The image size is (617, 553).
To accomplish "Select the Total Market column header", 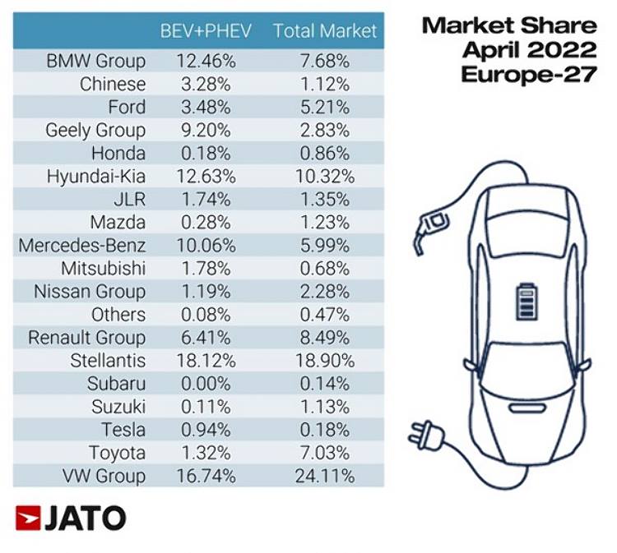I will pos(324,32).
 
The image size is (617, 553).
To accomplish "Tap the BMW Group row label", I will pos(96,61).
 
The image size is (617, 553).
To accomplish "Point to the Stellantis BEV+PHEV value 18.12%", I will pos(206,361).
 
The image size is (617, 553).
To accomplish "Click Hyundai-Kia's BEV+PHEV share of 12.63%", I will pos(206,176).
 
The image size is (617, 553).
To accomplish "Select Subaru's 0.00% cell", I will pos(206,384).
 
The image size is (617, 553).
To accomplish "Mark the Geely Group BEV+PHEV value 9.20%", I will pos(206,130).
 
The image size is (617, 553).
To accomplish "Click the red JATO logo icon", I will pos(26,518).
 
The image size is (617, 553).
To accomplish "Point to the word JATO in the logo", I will pos(85,518).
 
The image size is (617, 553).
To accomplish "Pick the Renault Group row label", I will pos(86,338).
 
